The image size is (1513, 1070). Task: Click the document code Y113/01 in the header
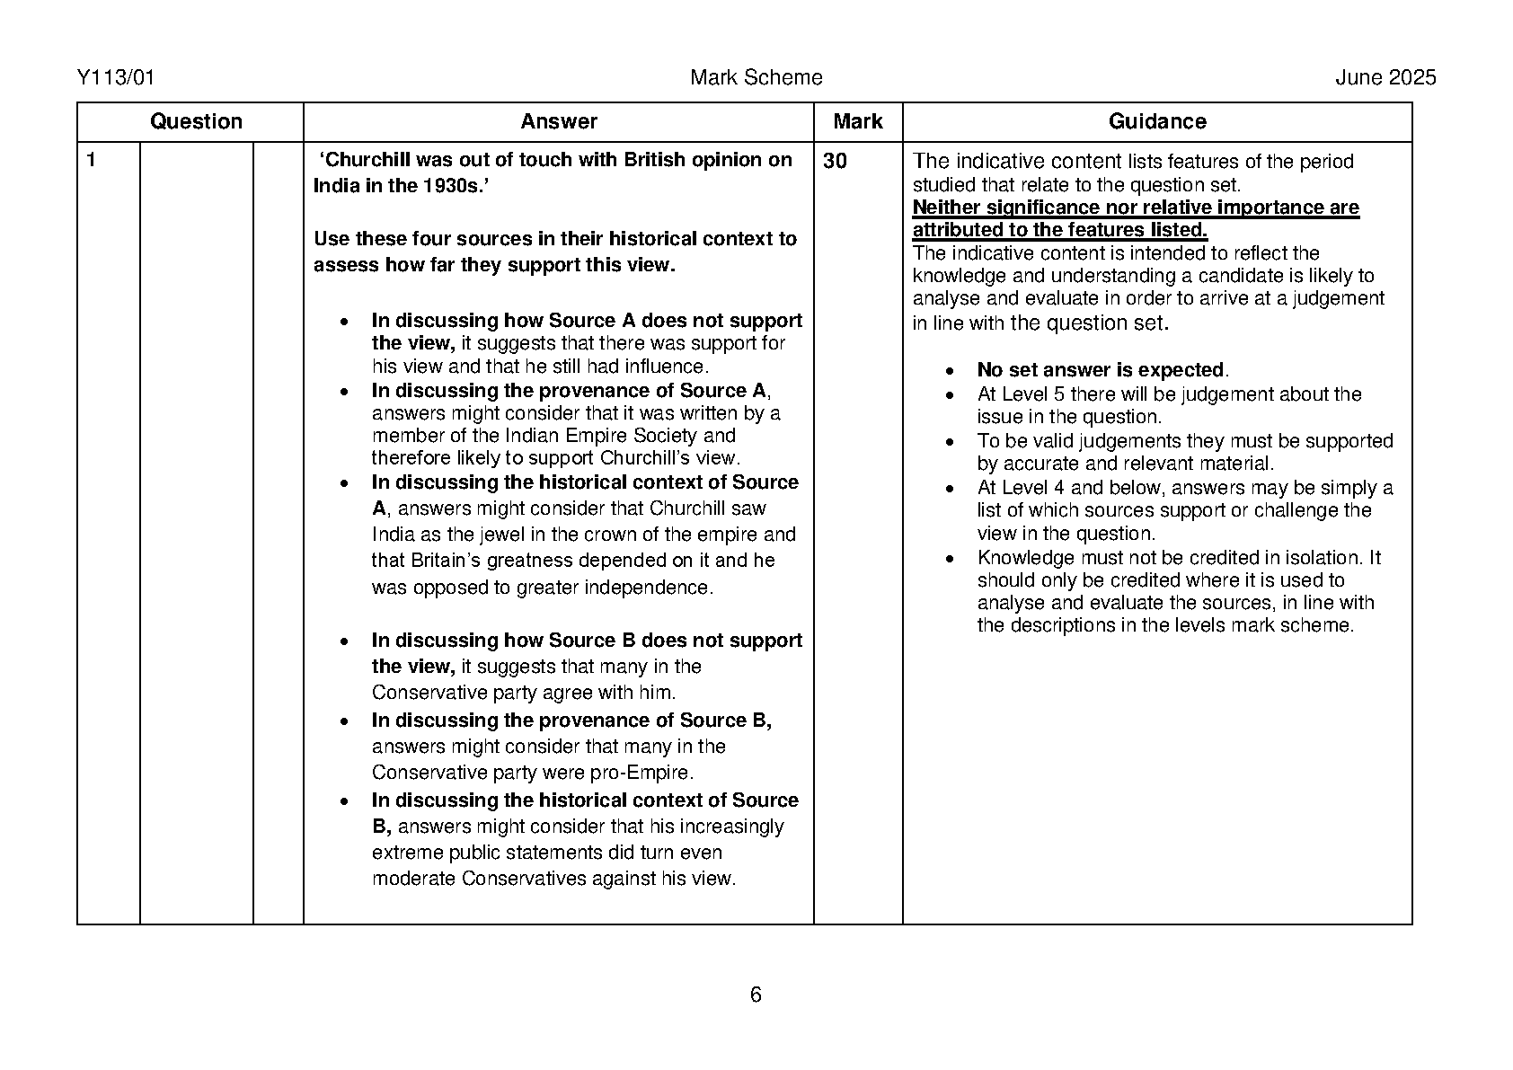click(x=116, y=78)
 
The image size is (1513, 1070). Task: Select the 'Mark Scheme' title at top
click(x=756, y=78)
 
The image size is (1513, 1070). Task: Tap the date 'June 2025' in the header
click(x=1385, y=78)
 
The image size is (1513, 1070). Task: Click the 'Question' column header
click(x=196, y=122)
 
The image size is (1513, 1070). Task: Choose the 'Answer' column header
click(x=559, y=122)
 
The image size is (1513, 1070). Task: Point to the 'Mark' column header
click(x=858, y=122)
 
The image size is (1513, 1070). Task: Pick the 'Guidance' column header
click(x=1157, y=122)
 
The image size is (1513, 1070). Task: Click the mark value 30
click(x=835, y=162)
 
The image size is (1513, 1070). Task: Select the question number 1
click(x=91, y=161)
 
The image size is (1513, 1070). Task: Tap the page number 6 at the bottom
click(x=756, y=995)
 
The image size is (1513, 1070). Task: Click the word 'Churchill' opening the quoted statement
click(x=367, y=160)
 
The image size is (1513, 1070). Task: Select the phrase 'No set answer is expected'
click(x=1101, y=370)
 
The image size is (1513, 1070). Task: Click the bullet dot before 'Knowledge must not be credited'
click(x=951, y=559)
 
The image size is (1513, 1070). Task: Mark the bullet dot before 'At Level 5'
click(x=951, y=395)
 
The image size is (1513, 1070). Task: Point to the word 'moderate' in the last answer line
click(x=413, y=879)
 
